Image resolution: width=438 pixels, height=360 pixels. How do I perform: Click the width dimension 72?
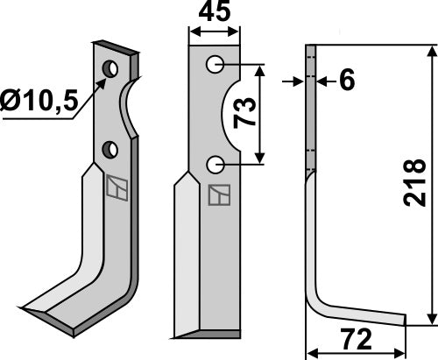[x=355, y=338]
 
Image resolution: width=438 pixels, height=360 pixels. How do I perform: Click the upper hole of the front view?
[x=215, y=65]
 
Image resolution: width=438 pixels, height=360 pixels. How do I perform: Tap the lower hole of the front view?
[x=215, y=164]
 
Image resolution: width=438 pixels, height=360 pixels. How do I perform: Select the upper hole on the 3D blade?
[x=109, y=68]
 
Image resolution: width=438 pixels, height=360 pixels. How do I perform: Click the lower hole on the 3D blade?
[x=109, y=150]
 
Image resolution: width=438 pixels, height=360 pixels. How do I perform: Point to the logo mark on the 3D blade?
[x=115, y=187]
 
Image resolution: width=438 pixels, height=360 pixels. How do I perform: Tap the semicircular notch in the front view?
[x=232, y=114]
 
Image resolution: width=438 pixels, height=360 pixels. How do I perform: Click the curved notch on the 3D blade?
[x=130, y=109]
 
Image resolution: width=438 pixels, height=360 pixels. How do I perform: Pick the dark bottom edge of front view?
[x=210, y=334]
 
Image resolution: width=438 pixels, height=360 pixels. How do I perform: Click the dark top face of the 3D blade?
[x=116, y=46]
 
